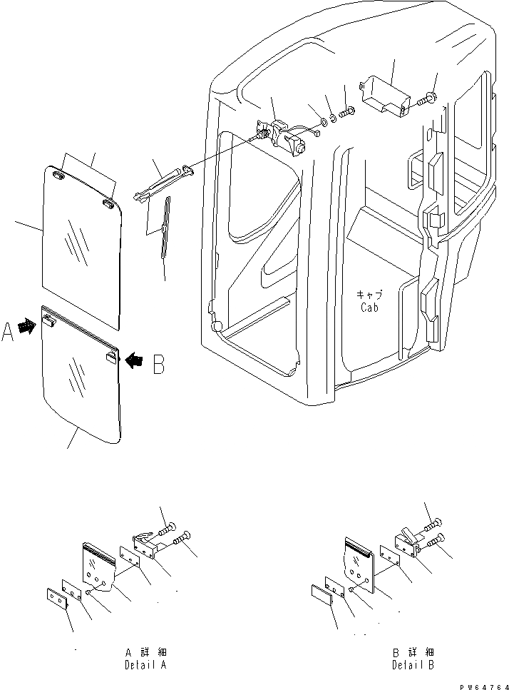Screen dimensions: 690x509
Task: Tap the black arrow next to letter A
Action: [x=28, y=328]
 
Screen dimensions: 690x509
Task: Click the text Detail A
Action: [x=145, y=664]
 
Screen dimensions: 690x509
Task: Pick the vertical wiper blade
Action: [x=166, y=225]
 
